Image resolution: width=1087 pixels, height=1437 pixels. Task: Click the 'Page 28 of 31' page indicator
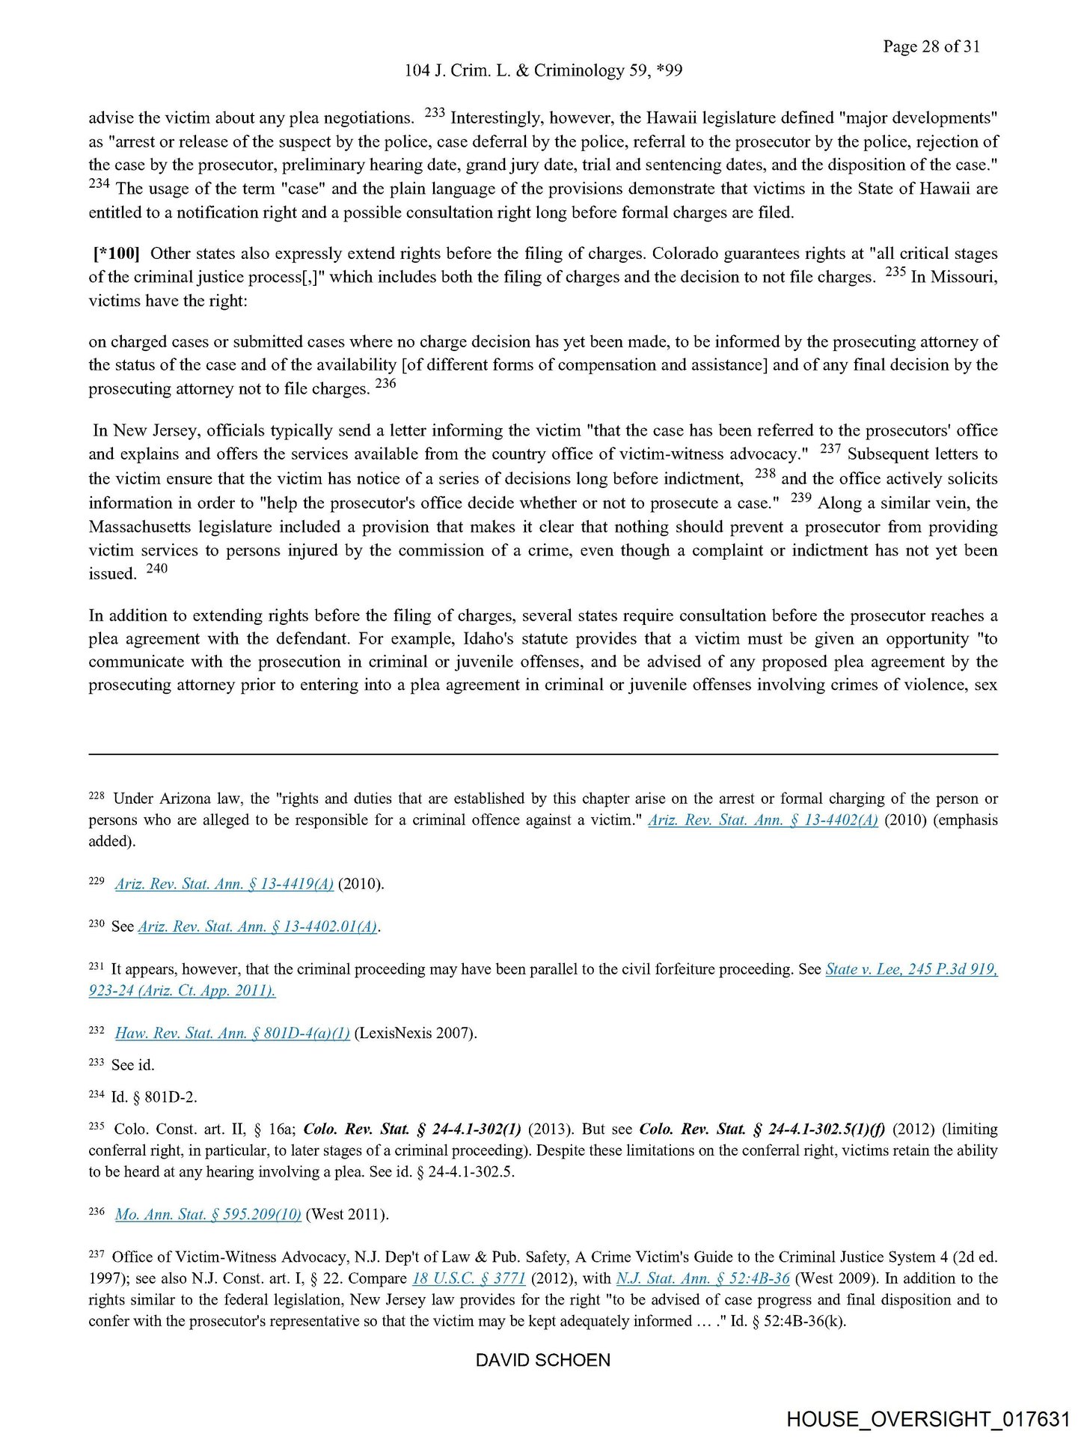pyautogui.click(x=931, y=46)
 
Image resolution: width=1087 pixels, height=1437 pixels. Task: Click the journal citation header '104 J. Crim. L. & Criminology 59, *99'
pyautogui.click(x=543, y=70)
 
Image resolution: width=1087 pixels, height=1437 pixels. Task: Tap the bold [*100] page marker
pyautogui.click(x=117, y=253)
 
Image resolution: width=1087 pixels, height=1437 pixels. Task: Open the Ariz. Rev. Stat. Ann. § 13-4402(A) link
pyautogui.click(x=762, y=820)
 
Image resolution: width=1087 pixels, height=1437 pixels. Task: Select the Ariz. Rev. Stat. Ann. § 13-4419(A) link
pyautogui.click(x=224, y=884)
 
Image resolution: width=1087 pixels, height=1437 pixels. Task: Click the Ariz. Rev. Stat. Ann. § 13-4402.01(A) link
pyautogui.click(x=257, y=927)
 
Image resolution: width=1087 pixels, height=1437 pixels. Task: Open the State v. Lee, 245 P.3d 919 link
pyautogui.click(x=910, y=969)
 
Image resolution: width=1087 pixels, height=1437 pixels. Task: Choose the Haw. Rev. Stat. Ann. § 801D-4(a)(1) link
pyautogui.click(x=233, y=1034)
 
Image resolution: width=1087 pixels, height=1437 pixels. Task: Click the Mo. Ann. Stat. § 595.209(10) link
pyautogui.click(x=208, y=1215)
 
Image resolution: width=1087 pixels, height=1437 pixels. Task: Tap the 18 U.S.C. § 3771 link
pyautogui.click(x=469, y=1278)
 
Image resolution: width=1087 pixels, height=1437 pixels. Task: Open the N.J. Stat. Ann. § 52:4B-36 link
pyautogui.click(x=702, y=1278)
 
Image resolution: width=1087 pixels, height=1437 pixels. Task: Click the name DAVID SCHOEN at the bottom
pyautogui.click(x=543, y=1360)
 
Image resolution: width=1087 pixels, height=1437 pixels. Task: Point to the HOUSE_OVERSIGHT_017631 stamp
pyautogui.click(x=928, y=1419)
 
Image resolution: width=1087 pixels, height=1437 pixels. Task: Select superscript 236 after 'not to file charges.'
pyautogui.click(x=385, y=383)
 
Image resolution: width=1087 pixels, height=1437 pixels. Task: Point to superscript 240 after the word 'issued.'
pyautogui.click(x=157, y=568)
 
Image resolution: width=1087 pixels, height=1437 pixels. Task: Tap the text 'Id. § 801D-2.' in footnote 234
pyautogui.click(x=154, y=1097)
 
